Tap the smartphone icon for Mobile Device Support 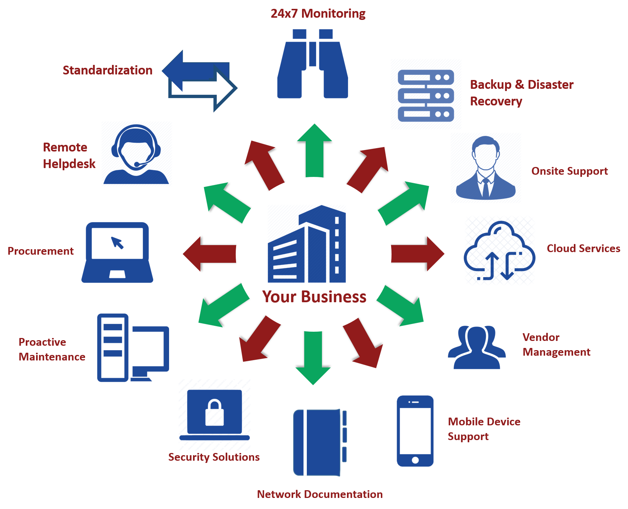[415, 431]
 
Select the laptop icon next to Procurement [117, 252]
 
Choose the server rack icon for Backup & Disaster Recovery [426, 95]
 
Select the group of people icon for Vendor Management [477, 347]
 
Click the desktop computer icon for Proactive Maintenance [133, 348]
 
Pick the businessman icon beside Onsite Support [485, 168]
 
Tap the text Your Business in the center [314, 297]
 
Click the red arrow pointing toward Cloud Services [420, 254]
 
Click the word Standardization [108, 70]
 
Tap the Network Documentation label [319, 494]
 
